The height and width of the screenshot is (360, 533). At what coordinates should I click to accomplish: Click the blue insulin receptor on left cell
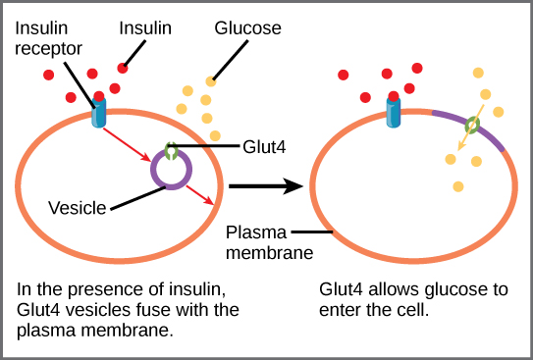[98, 112]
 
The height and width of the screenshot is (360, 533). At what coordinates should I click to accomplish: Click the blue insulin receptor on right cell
[394, 112]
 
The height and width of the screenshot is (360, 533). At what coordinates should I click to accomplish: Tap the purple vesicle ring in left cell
[171, 186]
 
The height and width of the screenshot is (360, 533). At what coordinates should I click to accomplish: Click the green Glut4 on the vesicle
[172, 152]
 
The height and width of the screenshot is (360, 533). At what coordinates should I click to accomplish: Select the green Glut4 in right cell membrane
[472, 125]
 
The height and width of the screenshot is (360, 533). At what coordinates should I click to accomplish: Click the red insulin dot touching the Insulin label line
[123, 67]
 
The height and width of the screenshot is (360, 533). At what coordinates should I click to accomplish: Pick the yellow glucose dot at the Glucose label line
[210, 81]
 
